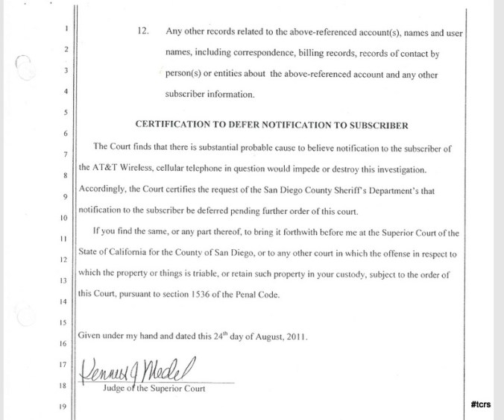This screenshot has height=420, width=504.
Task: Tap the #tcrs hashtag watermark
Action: point(481,404)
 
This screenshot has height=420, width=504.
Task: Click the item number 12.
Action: point(144,33)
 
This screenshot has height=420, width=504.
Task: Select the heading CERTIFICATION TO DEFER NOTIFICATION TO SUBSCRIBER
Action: point(271,125)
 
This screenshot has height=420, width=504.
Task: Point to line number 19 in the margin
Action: point(63,407)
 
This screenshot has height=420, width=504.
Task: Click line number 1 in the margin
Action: point(66,29)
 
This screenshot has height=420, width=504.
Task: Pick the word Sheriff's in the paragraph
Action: point(344,189)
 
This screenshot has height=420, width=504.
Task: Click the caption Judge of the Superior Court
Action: point(154,389)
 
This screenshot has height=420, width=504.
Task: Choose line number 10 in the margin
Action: point(63,218)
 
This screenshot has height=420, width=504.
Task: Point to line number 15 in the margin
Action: point(63,322)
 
